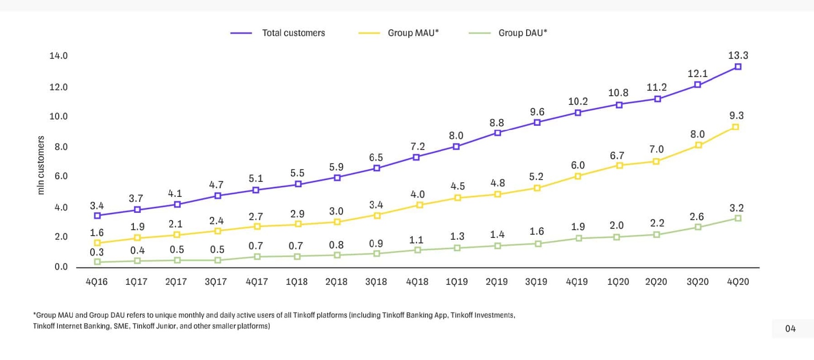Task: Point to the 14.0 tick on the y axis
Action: (58, 56)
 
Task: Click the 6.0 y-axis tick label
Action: (61, 176)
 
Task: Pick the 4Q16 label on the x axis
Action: (97, 282)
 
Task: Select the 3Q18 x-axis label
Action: (376, 282)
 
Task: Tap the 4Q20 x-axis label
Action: (738, 282)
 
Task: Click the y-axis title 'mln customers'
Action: (41, 165)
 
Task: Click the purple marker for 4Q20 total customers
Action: (738, 67)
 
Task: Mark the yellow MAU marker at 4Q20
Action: (735, 127)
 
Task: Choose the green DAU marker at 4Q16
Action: (97, 262)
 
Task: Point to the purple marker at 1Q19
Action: (456, 147)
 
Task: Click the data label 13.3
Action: (738, 56)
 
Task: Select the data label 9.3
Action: (737, 116)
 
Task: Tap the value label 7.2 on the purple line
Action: (417, 146)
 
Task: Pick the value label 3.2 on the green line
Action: (737, 208)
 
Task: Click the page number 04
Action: (790, 329)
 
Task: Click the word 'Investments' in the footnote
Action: (495, 315)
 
